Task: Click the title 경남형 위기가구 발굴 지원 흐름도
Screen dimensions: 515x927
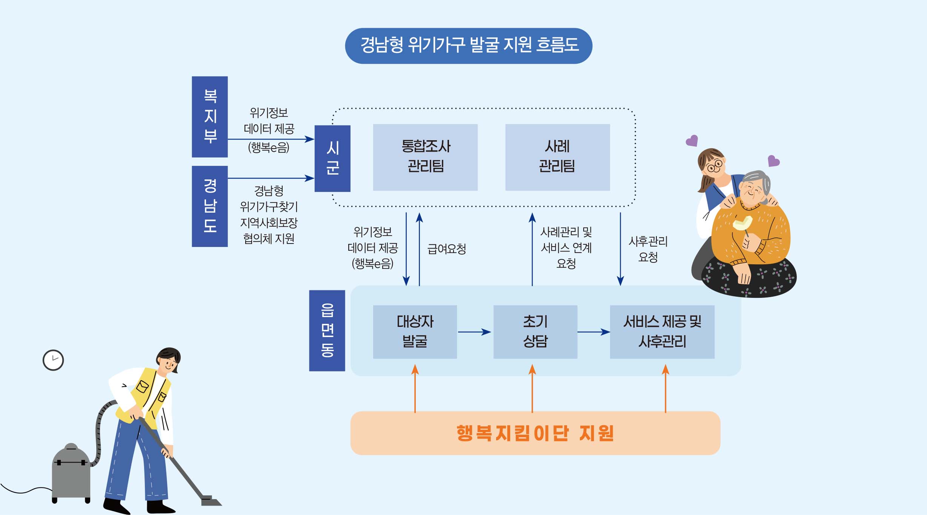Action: (x=469, y=46)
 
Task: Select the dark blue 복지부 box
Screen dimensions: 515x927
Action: (x=210, y=116)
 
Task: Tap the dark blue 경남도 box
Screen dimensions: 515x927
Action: (x=210, y=206)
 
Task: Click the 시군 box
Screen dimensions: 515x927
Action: (x=332, y=158)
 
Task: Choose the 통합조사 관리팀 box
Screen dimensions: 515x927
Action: (x=425, y=157)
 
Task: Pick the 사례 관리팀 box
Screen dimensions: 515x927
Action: (x=557, y=157)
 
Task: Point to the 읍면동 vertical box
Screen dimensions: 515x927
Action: (x=327, y=330)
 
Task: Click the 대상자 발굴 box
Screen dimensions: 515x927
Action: (x=415, y=332)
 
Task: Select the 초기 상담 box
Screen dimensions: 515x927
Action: (x=535, y=332)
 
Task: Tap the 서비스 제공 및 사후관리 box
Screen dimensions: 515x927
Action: (x=662, y=332)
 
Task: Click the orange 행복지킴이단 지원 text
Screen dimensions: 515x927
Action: (x=535, y=433)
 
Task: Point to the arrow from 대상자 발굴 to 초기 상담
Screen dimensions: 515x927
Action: (x=475, y=332)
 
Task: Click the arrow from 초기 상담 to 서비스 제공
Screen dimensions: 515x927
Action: (x=593, y=332)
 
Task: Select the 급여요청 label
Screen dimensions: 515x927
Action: (x=447, y=249)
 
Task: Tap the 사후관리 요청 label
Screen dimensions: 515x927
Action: (x=648, y=249)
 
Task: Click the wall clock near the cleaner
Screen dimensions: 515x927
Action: (x=53, y=360)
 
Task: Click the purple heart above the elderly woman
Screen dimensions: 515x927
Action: (x=773, y=161)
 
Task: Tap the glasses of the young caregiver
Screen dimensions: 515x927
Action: (x=714, y=166)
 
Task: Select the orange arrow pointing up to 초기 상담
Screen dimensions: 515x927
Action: (x=532, y=388)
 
